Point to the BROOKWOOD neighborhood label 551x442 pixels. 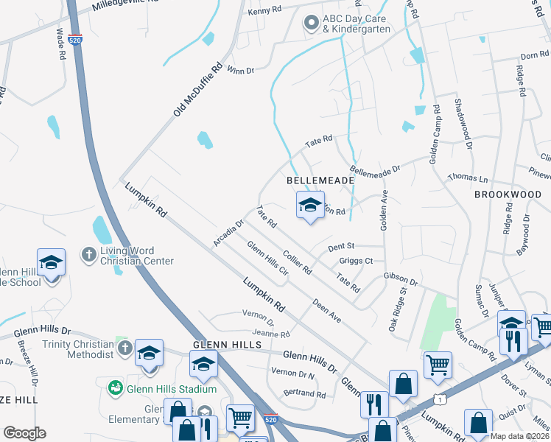pos(508,194)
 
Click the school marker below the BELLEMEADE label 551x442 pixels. pos(310,206)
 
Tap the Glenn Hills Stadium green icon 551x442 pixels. pos(115,388)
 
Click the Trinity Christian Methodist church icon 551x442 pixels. pos(125,346)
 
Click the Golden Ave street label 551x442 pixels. pos(384,211)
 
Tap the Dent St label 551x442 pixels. pos(341,245)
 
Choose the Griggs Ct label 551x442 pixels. pos(357,261)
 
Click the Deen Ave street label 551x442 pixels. pos(326,311)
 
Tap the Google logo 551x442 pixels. pos(24,433)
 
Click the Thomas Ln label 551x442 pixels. pos(468,179)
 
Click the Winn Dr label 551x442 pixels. pos(240,70)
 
